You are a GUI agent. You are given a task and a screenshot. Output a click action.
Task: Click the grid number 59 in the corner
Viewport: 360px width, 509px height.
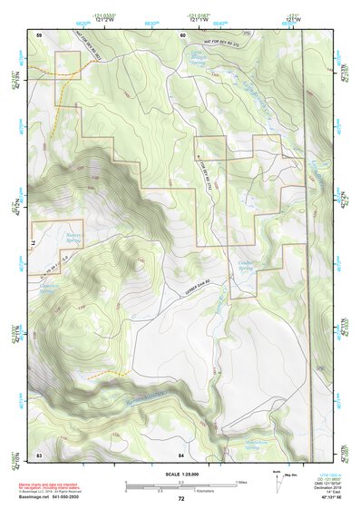point(40,34)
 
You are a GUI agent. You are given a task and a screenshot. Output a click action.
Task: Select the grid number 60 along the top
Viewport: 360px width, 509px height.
point(181,34)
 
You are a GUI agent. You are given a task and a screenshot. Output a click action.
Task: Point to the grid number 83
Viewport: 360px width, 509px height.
point(40,453)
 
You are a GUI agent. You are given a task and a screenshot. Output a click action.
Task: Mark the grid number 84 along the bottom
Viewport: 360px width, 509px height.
point(181,453)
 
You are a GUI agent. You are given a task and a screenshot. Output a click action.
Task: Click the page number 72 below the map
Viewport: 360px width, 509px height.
point(180,498)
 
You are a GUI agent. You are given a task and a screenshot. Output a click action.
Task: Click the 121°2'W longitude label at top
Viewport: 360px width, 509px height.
point(109,19)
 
